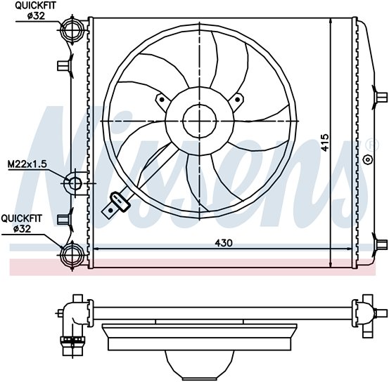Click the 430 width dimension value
point(224,243)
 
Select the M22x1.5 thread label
point(27,164)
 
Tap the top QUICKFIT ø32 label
point(35,11)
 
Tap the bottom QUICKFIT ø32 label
point(22,224)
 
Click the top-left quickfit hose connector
point(72,29)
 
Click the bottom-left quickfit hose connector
point(72,255)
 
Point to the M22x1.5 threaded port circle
point(72,183)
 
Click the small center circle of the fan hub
point(200,121)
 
